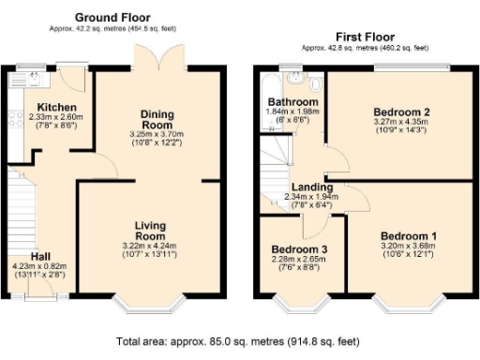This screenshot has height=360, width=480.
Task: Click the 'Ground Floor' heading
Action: coord(114,17)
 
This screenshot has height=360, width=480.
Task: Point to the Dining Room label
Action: coord(157,119)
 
